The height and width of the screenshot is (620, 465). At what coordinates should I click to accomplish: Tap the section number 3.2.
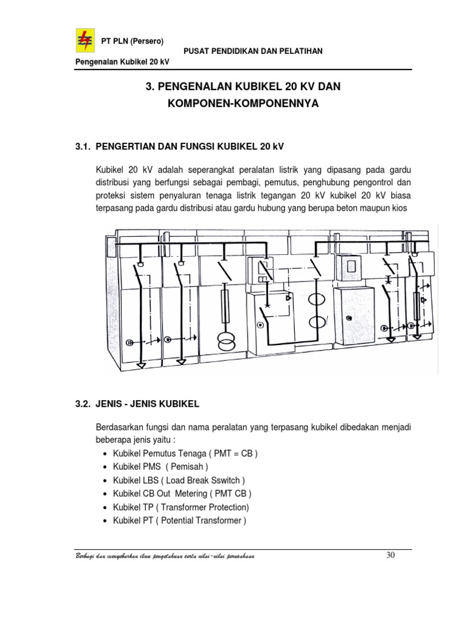pos(84,403)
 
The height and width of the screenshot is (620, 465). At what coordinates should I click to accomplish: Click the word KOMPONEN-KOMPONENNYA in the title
pos(242,104)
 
